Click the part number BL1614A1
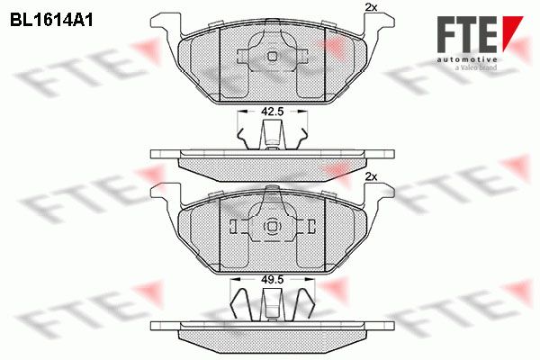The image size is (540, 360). [x=51, y=20]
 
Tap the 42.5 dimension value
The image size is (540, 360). [x=272, y=112]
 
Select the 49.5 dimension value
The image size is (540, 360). [x=272, y=279]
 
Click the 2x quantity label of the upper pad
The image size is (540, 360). [x=371, y=7]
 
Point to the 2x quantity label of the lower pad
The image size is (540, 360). [x=371, y=177]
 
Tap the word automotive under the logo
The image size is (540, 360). [x=467, y=60]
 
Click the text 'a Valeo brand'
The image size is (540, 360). [x=476, y=67]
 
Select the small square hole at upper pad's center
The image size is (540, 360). [x=273, y=56]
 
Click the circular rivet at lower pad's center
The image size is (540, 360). [x=273, y=226]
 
